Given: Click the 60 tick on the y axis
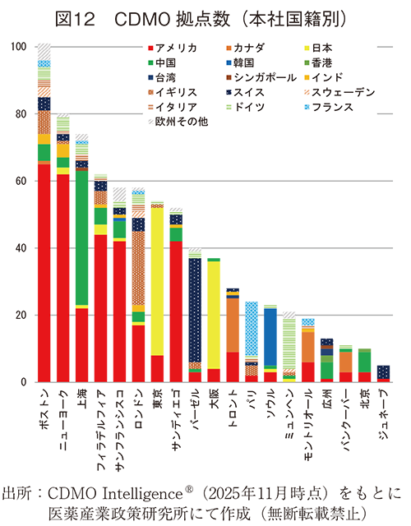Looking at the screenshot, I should (x=18, y=181).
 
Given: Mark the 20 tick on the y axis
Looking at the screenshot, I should (x=18, y=316).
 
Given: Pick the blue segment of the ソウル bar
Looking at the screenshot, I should (x=270, y=337).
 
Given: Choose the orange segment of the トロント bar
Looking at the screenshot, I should (x=233, y=325).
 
